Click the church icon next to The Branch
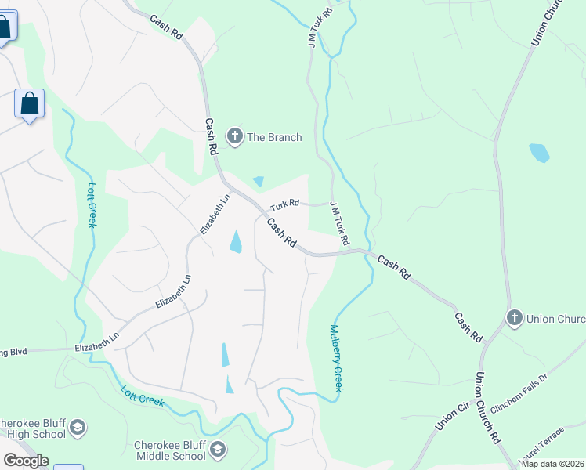234,137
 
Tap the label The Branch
274,138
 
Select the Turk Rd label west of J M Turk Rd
285,204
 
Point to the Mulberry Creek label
338,358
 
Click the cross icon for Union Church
514,318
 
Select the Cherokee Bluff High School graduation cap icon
78,428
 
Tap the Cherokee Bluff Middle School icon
218,450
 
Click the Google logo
26,461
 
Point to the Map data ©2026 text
552,464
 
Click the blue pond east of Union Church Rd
539,152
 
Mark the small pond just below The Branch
259,181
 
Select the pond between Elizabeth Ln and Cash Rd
236,242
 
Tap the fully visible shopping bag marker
29,104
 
